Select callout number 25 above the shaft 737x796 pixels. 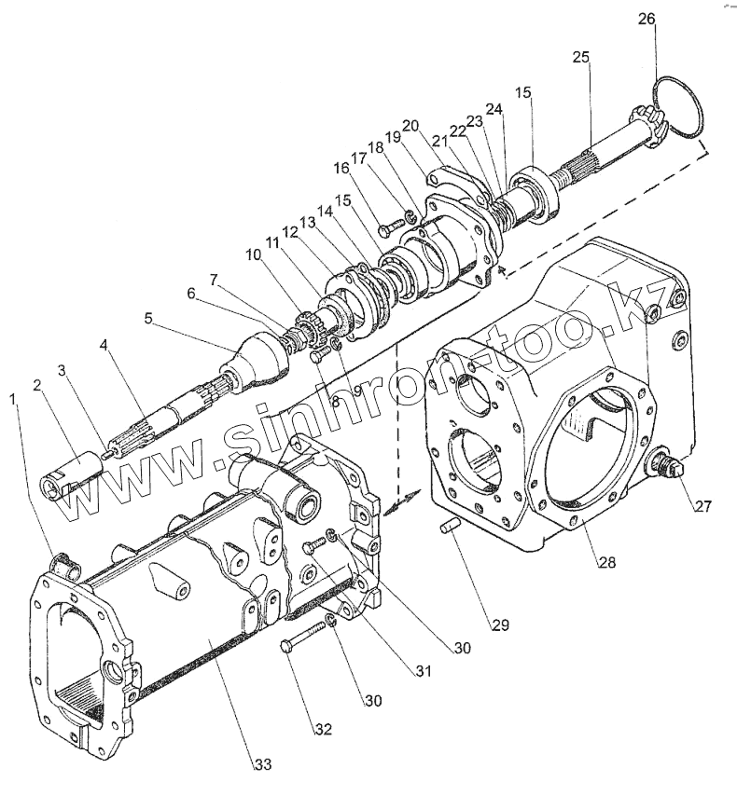tap(581, 58)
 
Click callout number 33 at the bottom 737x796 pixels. tap(263, 764)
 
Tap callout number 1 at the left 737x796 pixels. tap(13, 398)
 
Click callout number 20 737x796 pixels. tap(410, 126)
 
